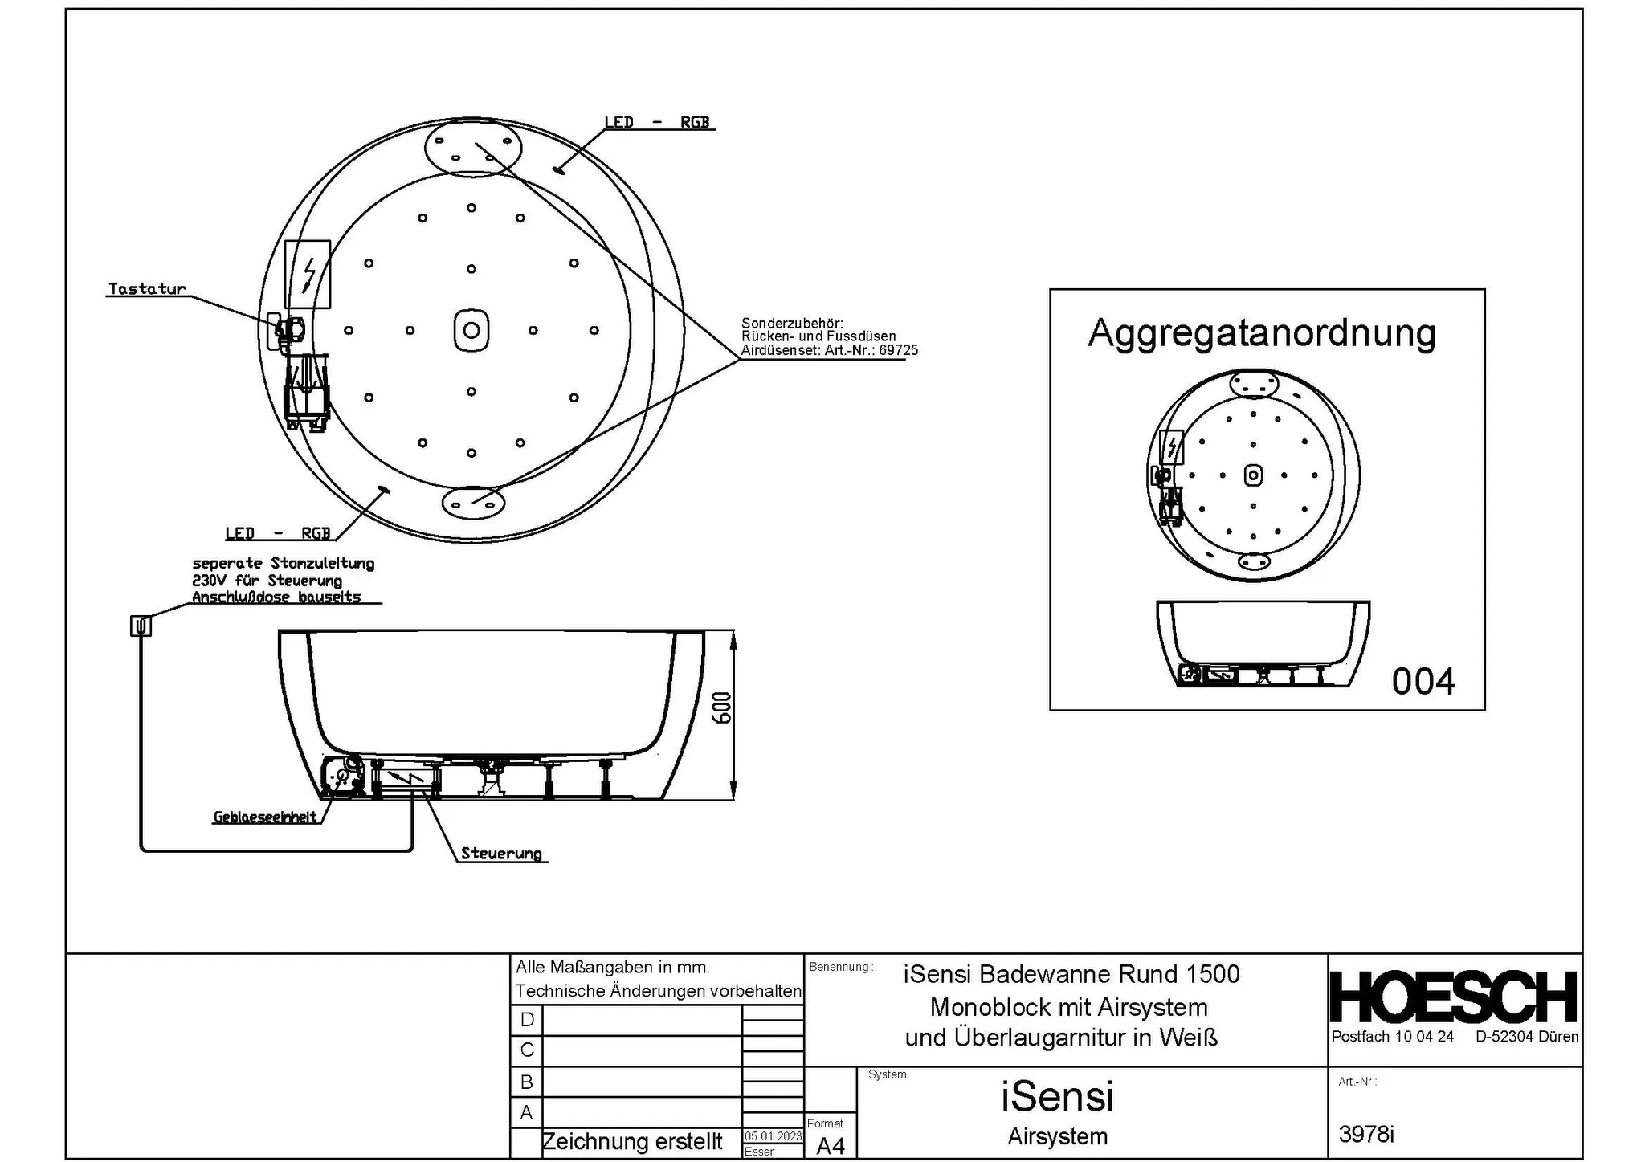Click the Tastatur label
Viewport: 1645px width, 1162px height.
[x=147, y=288]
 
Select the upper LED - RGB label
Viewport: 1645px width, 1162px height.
[x=657, y=122]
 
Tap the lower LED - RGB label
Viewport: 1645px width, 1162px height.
[x=278, y=533]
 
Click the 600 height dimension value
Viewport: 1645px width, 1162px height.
[x=723, y=707]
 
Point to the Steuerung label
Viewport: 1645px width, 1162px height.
[x=501, y=854]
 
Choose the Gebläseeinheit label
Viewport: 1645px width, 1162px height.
[x=265, y=817]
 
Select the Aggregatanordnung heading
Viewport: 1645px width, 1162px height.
[x=1261, y=332]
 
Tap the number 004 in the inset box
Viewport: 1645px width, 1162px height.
[x=1423, y=682]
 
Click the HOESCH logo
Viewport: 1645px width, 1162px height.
[x=1454, y=997]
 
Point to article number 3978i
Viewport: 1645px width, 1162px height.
[x=1366, y=1134]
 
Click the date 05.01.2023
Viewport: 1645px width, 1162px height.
[x=773, y=1136]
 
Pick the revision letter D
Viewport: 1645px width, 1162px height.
[x=527, y=1020]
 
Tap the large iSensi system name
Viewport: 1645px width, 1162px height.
[x=1057, y=1096]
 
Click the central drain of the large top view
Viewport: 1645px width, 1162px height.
[x=471, y=330]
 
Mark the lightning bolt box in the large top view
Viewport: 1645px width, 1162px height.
[x=308, y=275]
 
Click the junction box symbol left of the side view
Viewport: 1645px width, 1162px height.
[x=141, y=626]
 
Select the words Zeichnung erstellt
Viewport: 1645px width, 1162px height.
[x=632, y=1141]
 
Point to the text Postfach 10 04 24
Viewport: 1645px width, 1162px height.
[x=1392, y=1037]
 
